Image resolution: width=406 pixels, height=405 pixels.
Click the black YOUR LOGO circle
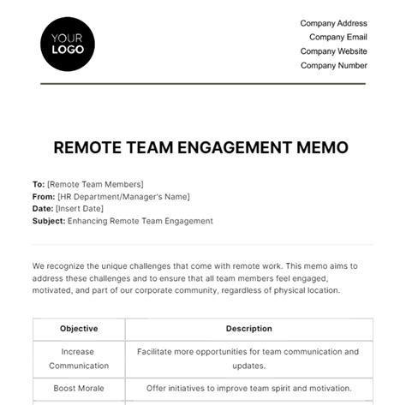68,42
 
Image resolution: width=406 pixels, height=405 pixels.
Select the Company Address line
333,23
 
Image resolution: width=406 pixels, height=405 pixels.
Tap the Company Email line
337,37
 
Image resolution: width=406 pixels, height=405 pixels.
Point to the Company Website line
333,51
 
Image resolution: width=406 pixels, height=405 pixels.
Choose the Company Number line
333,65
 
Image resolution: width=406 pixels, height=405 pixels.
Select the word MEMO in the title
325,147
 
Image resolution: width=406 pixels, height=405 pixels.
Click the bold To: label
39,184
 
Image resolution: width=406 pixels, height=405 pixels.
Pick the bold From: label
44,196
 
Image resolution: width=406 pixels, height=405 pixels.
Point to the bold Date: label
43,208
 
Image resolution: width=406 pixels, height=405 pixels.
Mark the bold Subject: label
50,221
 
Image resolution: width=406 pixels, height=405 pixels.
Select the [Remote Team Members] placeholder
95,184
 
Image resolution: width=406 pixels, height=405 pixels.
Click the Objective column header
79,328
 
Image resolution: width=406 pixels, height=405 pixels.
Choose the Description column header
248,328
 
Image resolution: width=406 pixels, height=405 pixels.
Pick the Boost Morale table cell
79,388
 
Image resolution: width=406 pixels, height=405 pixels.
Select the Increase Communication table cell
79,358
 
